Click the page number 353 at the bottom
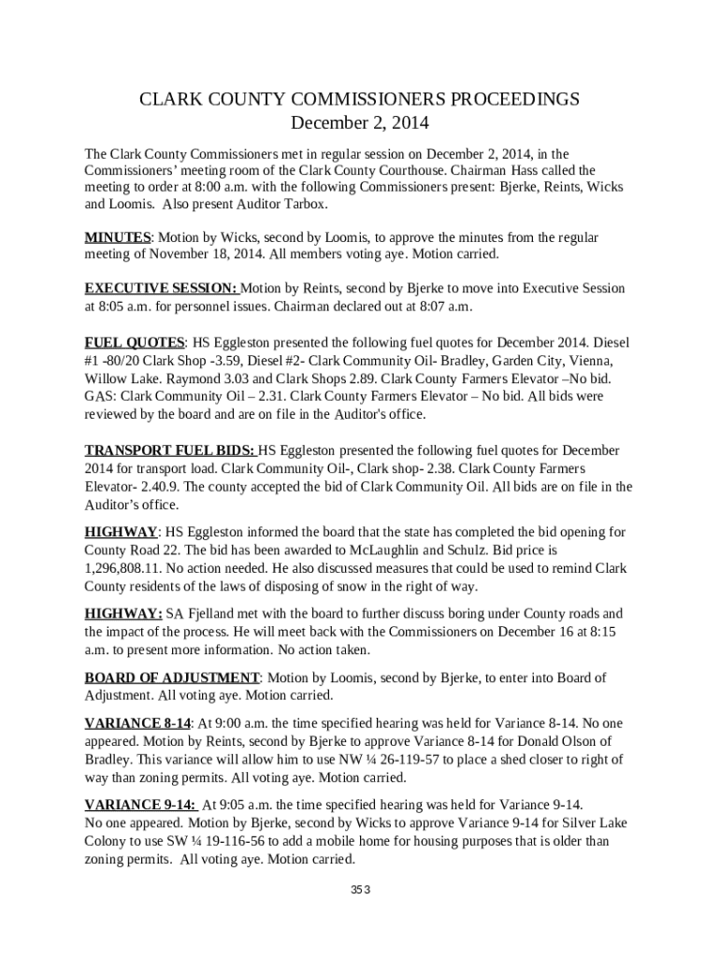pos(361,890)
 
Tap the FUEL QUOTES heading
pos(135,342)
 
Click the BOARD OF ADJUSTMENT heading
pos(171,678)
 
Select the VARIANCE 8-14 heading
pos(137,723)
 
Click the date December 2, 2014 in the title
pos(360,122)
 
